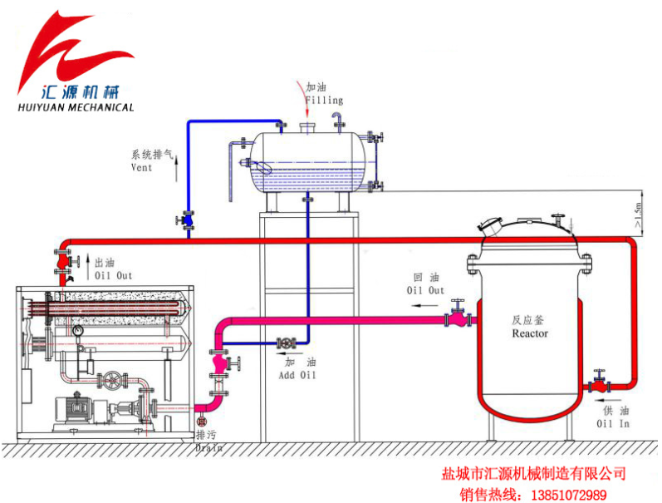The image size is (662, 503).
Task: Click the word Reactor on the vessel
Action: pyautogui.click(x=530, y=333)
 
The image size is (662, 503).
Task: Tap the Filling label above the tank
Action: pyautogui.click(x=324, y=100)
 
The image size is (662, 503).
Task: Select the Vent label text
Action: pyautogui.click(x=141, y=167)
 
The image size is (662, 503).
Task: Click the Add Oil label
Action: pyautogui.click(x=297, y=375)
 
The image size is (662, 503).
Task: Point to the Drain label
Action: pyautogui.click(x=209, y=447)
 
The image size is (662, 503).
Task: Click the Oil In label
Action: pyautogui.click(x=613, y=423)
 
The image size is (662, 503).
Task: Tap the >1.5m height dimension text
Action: pyautogui.click(x=638, y=215)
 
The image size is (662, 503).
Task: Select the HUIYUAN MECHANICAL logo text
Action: pyautogui.click(x=76, y=107)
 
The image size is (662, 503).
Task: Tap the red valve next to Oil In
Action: pyautogui.click(x=599, y=384)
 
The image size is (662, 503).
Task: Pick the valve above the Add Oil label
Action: pyautogui.click(x=287, y=343)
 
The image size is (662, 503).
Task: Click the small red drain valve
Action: pyautogui.click(x=202, y=422)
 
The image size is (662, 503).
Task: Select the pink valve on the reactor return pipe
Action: pyautogui.click(x=458, y=315)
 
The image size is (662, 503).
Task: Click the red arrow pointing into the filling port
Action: pyautogui.click(x=303, y=98)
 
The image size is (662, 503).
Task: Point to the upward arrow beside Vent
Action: pyautogui.click(x=176, y=169)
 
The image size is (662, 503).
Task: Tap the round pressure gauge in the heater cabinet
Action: pyautogui.click(x=78, y=331)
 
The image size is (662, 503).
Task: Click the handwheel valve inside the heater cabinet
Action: pyautogui.click(x=113, y=381)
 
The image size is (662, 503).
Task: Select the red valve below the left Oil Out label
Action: pyautogui.click(x=64, y=262)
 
